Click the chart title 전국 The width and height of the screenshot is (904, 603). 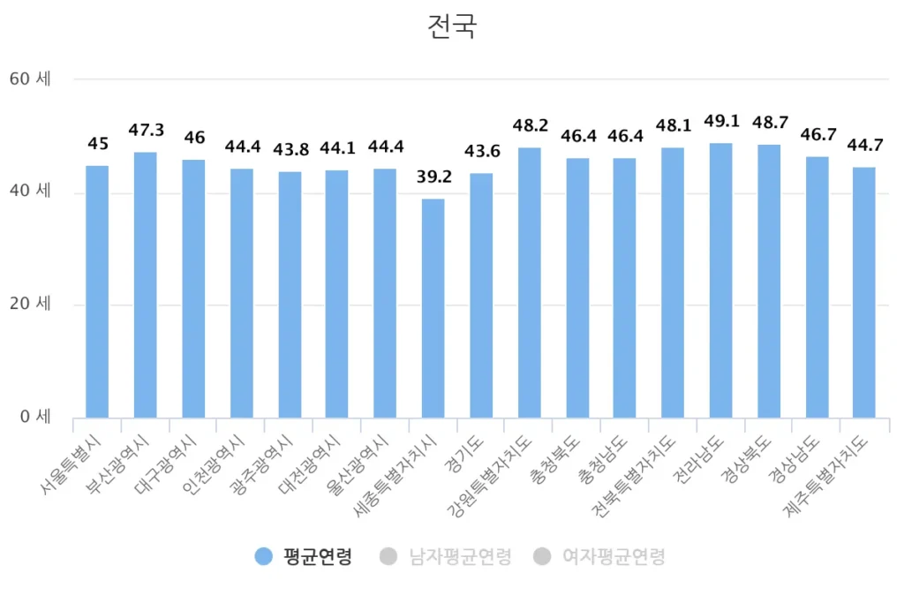(451, 26)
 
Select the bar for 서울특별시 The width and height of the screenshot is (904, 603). (97, 291)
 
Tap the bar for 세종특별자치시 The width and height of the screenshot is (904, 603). (433, 308)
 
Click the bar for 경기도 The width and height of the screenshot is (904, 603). (481, 296)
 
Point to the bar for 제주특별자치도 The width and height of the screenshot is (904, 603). (864, 292)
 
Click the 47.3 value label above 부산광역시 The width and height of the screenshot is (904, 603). (146, 131)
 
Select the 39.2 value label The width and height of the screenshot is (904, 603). (433, 177)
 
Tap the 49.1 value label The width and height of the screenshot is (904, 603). (720, 121)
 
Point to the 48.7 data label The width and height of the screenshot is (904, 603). (769, 123)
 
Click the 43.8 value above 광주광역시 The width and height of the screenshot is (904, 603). (290, 150)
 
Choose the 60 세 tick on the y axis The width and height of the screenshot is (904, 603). (30, 79)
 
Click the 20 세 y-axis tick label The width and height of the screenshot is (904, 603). (30, 305)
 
